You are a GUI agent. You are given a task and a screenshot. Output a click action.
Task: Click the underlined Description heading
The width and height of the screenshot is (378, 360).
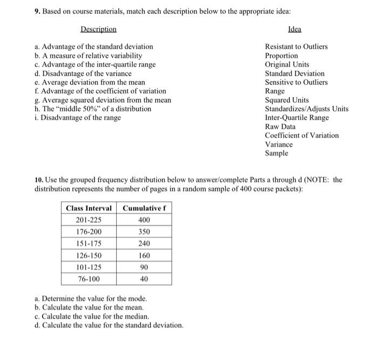(x=98, y=29)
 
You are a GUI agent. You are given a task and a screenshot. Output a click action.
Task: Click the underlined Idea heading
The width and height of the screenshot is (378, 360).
(x=295, y=29)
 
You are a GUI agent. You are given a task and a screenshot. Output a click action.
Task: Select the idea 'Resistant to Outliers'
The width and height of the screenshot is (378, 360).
(x=296, y=47)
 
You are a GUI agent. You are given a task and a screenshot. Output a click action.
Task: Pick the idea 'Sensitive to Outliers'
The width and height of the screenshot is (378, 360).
(x=296, y=82)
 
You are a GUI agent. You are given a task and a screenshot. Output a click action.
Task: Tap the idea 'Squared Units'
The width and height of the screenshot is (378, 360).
(x=287, y=100)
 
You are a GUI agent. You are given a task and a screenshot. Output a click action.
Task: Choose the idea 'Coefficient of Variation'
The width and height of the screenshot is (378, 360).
(x=302, y=135)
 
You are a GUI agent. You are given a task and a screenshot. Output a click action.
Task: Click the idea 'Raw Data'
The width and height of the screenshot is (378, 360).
(x=280, y=126)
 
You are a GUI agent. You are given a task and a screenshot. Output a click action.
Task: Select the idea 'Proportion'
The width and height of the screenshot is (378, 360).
(x=281, y=56)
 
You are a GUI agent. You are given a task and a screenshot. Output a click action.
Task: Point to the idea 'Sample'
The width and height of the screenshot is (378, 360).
(x=276, y=153)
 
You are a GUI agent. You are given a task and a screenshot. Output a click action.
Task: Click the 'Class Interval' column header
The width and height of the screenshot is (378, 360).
(x=89, y=208)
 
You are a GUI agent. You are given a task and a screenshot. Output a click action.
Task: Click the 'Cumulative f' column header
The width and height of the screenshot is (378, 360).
(x=144, y=208)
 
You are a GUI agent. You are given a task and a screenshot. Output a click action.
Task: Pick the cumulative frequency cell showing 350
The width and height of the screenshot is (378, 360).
(x=144, y=232)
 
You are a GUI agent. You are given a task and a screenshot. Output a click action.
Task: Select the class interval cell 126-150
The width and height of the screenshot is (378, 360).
(x=89, y=255)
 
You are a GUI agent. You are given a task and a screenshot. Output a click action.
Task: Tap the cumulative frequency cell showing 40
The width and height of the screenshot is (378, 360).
(x=144, y=279)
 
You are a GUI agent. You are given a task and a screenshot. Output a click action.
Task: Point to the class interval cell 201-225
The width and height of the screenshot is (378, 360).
(x=89, y=220)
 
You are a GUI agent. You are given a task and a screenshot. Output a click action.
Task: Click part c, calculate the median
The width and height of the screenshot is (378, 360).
(x=91, y=316)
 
